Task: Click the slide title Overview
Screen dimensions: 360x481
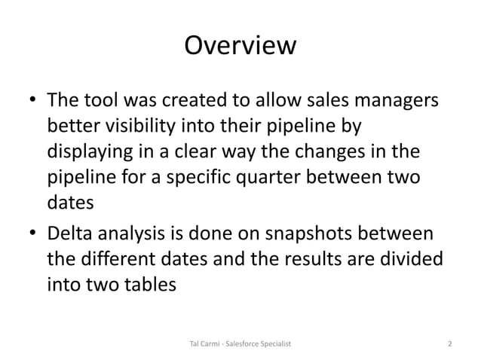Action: (x=240, y=47)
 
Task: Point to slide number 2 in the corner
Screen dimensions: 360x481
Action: (x=449, y=344)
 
